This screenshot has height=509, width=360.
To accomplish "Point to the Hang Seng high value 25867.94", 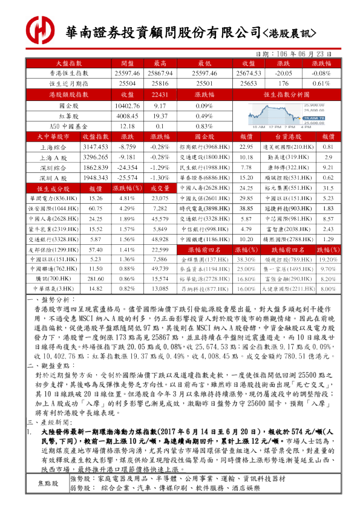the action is click(160, 73).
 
